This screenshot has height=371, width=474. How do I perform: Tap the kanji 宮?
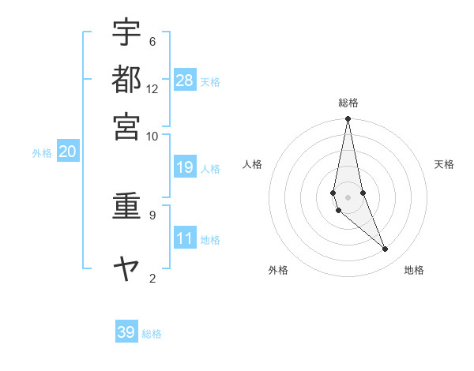pyautogui.click(x=126, y=126)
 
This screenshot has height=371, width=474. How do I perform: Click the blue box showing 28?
pyautogui.click(x=185, y=80)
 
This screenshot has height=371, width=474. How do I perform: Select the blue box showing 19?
pyautogui.click(x=185, y=167)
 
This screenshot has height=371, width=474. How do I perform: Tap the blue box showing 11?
pyautogui.click(x=185, y=238)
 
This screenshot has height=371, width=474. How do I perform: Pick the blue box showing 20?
pyautogui.click(x=67, y=152)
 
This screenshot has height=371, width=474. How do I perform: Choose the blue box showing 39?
pyautogui.click(x=126, y=332)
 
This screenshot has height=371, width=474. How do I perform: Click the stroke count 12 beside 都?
pyautogui.click(x=152, y=88)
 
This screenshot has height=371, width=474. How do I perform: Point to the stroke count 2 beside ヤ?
pyautogui.click(x=152, y=277)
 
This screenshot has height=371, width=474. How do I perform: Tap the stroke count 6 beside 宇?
pyautogui.click(x=152, y=41)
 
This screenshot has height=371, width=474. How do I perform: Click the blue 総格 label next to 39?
pyautogui.click(x=152, y=334)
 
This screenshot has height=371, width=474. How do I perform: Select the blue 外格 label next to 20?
pyautogui.click(x=42, y=154)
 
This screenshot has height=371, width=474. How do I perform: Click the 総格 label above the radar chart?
pyautogui.click(x=348, y=103)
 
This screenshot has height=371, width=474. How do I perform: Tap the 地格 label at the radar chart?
pyautogui.click(x=414, y=270)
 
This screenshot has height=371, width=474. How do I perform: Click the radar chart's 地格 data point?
pyautogui.click(x=386, y=249)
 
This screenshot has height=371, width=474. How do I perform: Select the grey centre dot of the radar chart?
pyautogui.click(x=348, y=197)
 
